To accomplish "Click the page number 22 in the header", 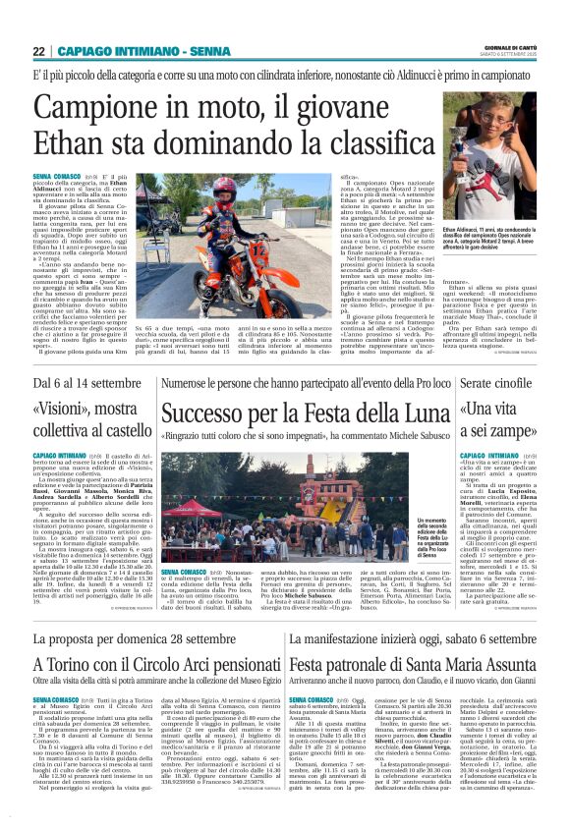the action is [39, 51].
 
